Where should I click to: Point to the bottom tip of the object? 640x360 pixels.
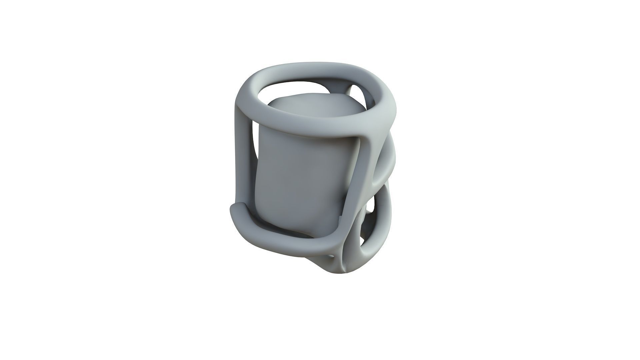click(x=343, y=273)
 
